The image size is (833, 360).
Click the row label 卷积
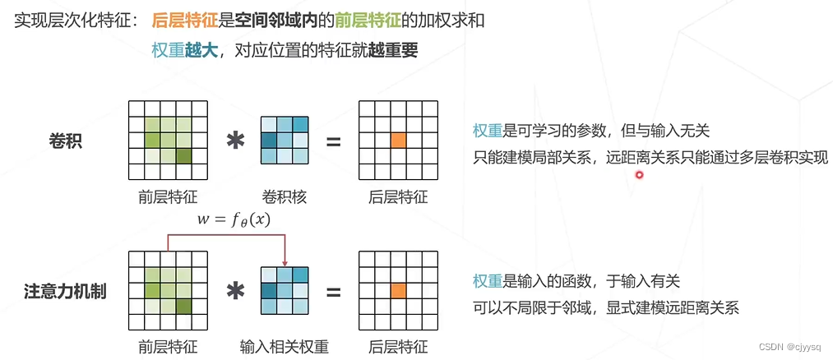click(66, 141)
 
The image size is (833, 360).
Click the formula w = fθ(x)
click(234, 219)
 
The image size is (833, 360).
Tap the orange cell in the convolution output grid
click(399, 140)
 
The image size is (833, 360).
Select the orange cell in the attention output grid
click(399, 290)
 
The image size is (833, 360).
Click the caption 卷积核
click(284, 196)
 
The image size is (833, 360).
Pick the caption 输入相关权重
click(285, 346)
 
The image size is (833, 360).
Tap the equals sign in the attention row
click(333, 291)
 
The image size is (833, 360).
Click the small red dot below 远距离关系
click(639, 174)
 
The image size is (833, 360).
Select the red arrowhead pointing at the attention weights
click(284, 261)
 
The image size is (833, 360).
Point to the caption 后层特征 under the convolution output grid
click(399, 196)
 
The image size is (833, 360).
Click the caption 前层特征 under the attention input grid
click(169, 346)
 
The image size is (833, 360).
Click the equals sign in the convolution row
click(333, 141)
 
